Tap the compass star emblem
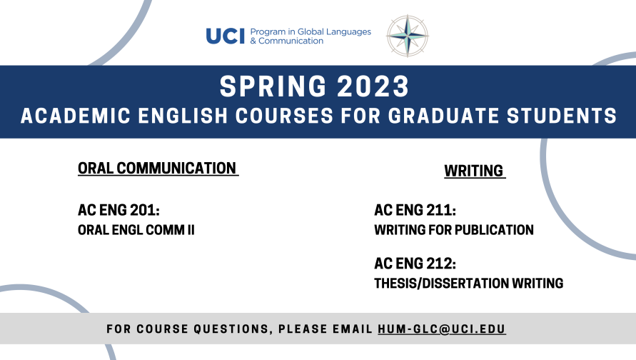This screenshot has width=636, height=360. (408, 36)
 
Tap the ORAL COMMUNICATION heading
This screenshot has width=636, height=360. (157, 169)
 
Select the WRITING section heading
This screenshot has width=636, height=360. (473, 171)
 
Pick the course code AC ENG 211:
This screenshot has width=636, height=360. (415, 211)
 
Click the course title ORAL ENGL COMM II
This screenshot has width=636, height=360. (136, 231)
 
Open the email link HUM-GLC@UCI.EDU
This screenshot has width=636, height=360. (442, 329)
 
